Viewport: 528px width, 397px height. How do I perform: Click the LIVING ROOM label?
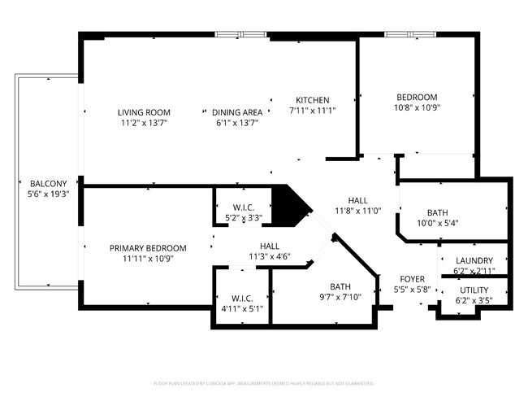tap(144, 112)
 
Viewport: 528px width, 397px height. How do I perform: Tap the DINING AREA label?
tap(237, 112)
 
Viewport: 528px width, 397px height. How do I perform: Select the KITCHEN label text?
tap(312, 100)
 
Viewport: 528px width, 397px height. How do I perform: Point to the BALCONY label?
tap(49, 183)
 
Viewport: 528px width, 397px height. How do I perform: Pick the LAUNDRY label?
tap(474, 260)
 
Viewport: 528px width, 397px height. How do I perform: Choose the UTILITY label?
tap(474, 290)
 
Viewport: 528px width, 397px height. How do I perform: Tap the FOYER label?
tap(409, 279)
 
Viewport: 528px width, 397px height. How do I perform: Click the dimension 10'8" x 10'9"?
tap(417, 107)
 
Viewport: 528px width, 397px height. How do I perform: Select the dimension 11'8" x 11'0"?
tap(358, 211)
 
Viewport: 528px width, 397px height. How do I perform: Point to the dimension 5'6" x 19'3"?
tap(49, 194)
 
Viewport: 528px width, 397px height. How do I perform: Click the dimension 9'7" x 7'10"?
tap(340, 297)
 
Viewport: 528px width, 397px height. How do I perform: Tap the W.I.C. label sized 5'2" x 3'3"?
tap(244, 207)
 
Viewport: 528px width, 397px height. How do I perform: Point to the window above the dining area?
tap(240, 34)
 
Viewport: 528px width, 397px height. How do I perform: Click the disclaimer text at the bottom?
tap(263, 383)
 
